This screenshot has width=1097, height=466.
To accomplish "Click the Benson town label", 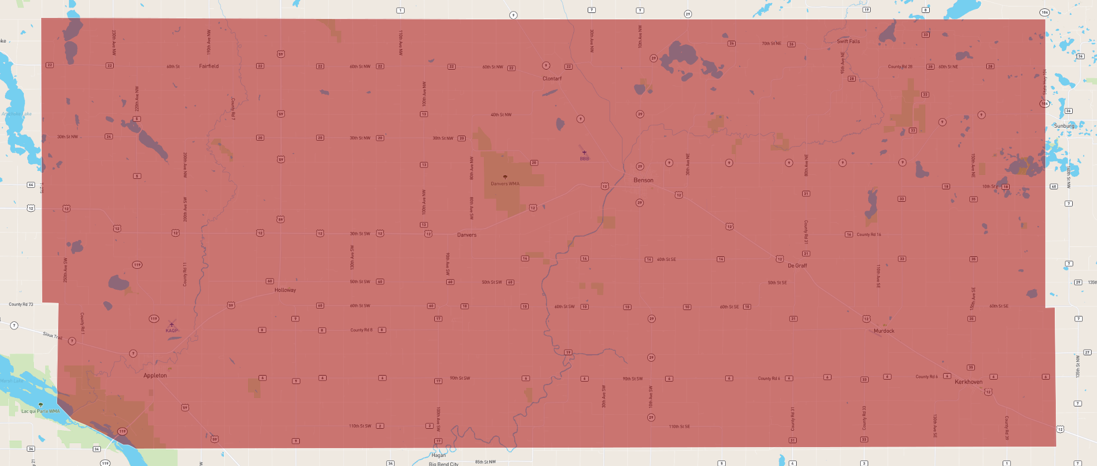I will point(643,180).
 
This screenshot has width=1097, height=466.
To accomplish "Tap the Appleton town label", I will point(155,376).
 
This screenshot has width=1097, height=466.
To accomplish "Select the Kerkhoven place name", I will point(968,382).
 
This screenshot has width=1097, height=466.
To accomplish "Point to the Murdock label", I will point(884,331).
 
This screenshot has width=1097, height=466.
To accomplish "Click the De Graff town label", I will point(797,266).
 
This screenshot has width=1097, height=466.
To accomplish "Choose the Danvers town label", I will point(467,235).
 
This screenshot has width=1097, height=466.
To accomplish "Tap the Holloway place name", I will point(285,290).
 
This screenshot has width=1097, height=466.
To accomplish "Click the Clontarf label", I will point(552,78).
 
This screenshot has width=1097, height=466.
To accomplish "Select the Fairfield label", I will point(208,66).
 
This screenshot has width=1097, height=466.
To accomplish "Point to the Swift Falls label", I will point(848,41).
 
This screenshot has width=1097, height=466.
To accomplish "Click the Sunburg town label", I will point(1064,126).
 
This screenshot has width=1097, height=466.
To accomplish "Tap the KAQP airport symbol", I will point(172,324).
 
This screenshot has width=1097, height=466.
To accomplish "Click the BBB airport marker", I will point(584,153).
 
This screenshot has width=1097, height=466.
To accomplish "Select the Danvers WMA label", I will point(505,184).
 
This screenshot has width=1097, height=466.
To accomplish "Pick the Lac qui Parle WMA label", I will point(40,411).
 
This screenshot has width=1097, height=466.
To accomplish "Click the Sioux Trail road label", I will point(52,336).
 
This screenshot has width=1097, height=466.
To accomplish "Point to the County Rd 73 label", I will point(21,305).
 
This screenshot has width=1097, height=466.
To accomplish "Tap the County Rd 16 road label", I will point(869,234).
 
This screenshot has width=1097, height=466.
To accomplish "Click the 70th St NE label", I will point(771,44).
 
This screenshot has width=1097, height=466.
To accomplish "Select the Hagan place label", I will point(438,455).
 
